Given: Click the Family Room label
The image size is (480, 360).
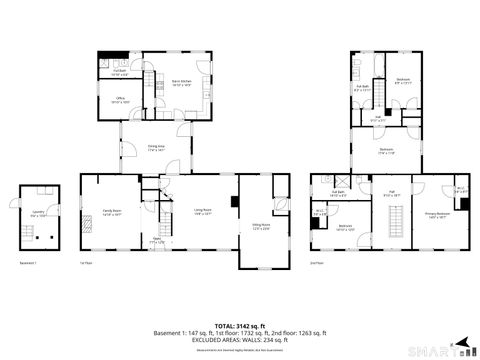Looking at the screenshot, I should (x=110, y=213).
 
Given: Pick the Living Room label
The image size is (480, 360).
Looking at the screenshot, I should (x=203, y=212).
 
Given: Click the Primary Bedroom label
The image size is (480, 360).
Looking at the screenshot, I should (x=436, y=217).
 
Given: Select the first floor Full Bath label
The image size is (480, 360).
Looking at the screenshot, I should (x=119, y=72).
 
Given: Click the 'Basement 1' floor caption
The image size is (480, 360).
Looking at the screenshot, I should (x=28, y=262).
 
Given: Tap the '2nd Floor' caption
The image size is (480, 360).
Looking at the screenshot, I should (x=316, y=262).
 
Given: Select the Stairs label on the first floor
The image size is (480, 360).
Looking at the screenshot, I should (x=155, y=241).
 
